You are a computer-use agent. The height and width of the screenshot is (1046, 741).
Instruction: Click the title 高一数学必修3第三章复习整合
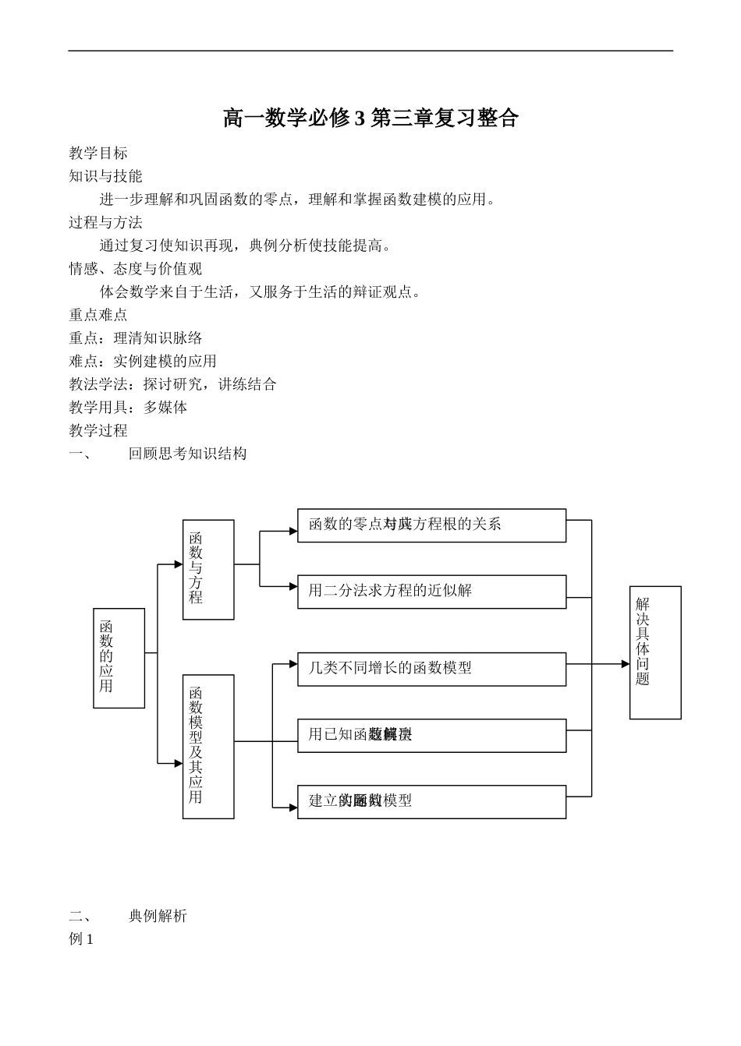[x=370, y=118]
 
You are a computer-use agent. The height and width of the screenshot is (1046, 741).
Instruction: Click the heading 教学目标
[x=98, y=154]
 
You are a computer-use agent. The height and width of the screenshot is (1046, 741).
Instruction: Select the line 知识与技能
[x=105, y=176]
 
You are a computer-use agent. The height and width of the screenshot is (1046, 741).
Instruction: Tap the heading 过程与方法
[x=105, y=223]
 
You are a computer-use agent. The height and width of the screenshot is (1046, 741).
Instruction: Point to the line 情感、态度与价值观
[x=135, y=269]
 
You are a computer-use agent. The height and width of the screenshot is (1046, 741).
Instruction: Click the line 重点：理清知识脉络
[x=136, y=338]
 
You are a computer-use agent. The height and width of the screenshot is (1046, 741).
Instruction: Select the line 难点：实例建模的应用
[x=143, y=362]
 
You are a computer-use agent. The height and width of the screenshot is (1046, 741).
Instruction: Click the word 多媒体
[x=165, y=408]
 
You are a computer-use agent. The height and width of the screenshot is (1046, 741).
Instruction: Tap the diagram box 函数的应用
[x=119, y=658]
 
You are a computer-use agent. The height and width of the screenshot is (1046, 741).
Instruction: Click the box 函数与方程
[x=208, y=570]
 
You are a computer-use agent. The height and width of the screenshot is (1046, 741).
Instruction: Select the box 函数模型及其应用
[x=208, y=746]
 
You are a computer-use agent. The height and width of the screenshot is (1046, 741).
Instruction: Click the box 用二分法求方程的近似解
[x=431, y=592]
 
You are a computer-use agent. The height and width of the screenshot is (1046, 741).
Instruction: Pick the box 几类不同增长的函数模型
[x=431, y=669]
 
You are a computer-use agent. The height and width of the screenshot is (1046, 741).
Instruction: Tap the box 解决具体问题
[x=655, y=652]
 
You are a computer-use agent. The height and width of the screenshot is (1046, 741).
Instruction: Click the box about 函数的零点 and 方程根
[x=431, y=525]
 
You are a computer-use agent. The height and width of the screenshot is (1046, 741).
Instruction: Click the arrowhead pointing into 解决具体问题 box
[x=626, y=664]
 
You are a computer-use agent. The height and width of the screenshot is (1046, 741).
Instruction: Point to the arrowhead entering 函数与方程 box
[x=179, y=564]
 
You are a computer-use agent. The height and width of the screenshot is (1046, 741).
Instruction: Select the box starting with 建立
[x=431, y=801]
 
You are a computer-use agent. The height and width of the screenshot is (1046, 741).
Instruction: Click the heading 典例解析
[x=158, y=917]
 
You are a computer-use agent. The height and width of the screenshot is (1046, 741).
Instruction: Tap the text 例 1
[x=81, y=940]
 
